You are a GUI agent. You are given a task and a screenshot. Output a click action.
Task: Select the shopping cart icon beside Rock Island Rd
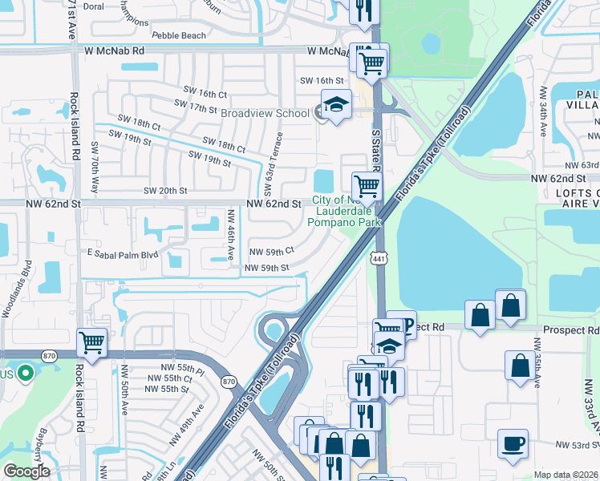coord(92,342)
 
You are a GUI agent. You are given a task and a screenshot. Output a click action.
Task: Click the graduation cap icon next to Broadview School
coord(336,104)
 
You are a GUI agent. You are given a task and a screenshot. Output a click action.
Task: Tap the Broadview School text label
coord(265,113)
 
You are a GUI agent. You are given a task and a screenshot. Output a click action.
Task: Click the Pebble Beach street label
coord(178,36)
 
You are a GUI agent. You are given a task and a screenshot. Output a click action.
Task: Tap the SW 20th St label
coord(164,191)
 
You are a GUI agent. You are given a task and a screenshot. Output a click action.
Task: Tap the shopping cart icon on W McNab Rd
coord(371,61)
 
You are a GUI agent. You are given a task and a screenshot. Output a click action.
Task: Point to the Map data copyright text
coord(566,475)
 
